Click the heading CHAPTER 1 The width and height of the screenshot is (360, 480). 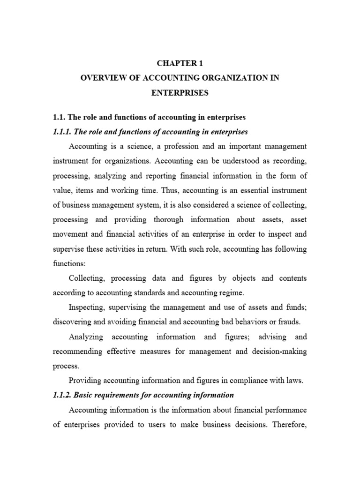180,62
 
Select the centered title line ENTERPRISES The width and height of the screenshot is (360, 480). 180,93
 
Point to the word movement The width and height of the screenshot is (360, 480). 69,234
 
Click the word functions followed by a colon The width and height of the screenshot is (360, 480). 68,263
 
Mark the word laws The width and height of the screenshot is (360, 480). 294,381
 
